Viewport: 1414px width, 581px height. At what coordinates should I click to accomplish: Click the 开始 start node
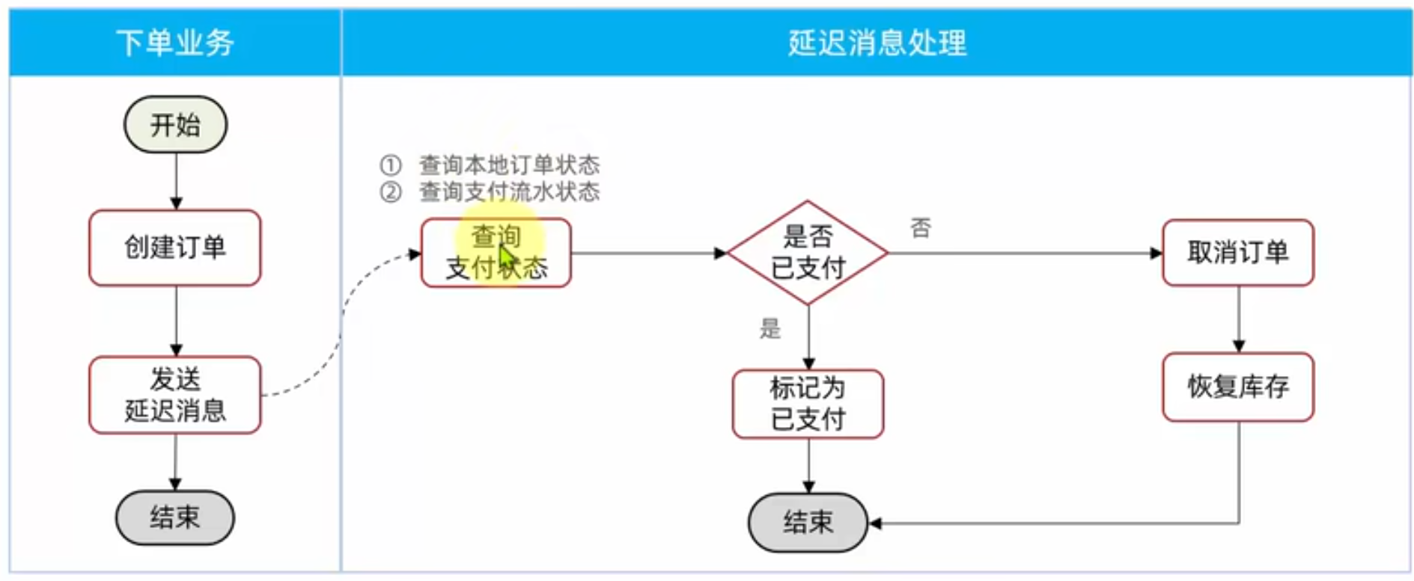(175, 124)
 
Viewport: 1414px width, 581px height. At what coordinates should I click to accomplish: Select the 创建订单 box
(175, 248)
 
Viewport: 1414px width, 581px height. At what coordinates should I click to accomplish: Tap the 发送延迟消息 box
(175, 395)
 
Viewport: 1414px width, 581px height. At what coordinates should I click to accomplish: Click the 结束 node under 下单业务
(175, 517)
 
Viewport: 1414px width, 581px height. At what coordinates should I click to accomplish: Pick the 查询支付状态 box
(496, 253)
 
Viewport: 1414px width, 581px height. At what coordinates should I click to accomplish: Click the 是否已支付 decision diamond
(808, 253)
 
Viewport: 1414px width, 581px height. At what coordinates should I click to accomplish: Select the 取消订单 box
(1238, 253)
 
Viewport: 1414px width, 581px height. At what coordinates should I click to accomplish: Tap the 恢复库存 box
(1238, 387)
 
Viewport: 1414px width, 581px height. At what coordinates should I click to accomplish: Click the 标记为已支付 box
(808, 404)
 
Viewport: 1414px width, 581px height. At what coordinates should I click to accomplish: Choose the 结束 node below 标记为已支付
(808, 522)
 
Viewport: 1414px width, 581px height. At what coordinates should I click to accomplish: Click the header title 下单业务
(175, 43)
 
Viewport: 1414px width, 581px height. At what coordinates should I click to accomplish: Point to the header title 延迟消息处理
(877, 43)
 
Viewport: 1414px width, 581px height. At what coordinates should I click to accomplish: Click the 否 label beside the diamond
(921, 227)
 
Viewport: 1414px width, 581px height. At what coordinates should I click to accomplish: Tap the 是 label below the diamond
(770, 328)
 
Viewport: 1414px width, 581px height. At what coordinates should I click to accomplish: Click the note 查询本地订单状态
(509, 165)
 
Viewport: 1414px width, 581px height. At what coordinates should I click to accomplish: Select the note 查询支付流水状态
(509, 192)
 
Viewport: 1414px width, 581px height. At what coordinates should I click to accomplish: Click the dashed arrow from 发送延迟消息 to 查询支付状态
(341, 322)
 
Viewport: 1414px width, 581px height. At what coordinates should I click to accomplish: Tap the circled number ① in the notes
(391, 165)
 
